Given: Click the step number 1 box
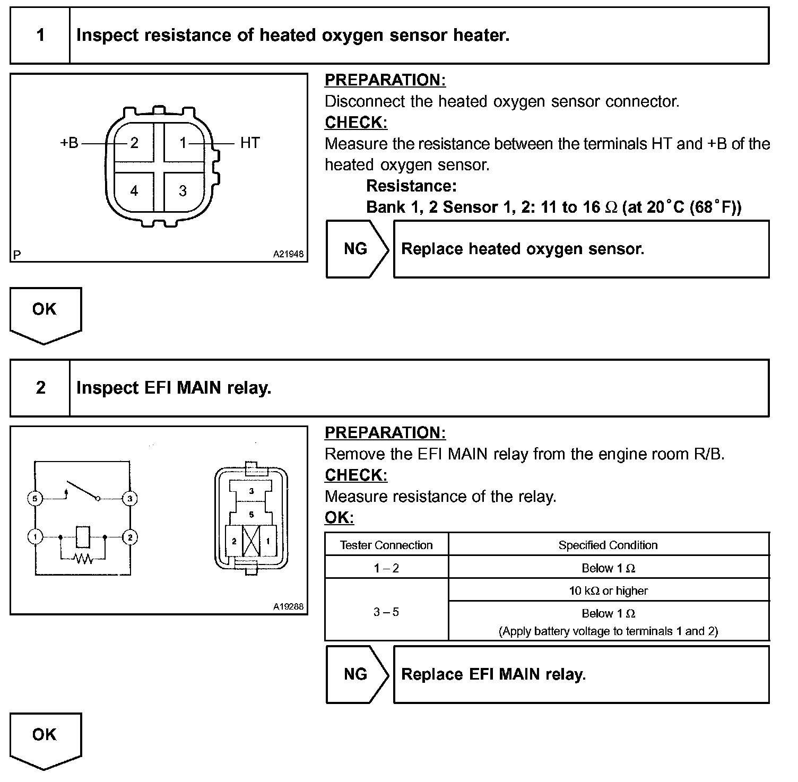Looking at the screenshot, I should (x=40, y=36).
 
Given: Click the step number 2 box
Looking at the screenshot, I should (x=40, y=388).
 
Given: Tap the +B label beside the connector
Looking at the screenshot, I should (x=69, y=143).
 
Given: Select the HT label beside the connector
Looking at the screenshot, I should (x=250, y=143).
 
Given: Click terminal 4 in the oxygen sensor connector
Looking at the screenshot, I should (x=134, y=191).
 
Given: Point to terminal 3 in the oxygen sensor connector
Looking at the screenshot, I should (x=183, y=191).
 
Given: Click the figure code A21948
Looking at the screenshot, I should (x=288, y=254).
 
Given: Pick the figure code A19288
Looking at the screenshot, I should (x=288, y=606).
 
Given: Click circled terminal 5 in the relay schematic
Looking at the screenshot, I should (x=35, y=499).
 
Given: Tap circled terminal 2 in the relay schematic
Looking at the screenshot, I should (x=130, y=537).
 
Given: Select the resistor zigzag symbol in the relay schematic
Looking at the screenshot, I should (x=83, y=558).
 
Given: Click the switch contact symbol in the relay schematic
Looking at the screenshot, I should (x=82, y=491).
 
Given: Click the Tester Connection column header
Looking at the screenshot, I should (x=386, y=545).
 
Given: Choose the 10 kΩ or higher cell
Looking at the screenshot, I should (x=608, y=590).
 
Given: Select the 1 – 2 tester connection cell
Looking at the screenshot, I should (x=386, y=568).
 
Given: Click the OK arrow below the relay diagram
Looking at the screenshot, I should (x=45, y=738).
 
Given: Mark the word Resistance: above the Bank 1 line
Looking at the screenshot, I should (x=411, y=186).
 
